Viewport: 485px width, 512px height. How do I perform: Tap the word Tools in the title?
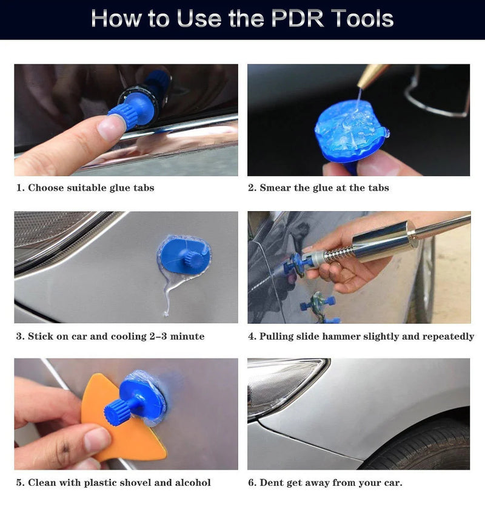click(x=360, y=18)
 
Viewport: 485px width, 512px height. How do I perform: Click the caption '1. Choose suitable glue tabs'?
click(x=85, y=188)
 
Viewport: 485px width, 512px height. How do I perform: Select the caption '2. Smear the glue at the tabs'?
click(x=318, y=188)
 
